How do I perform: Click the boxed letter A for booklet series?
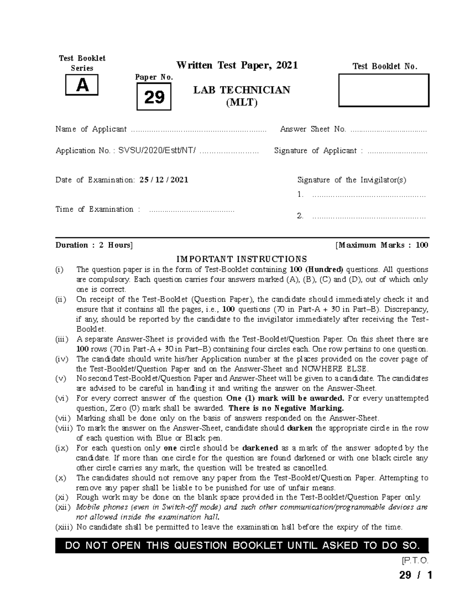(x=82, y=85)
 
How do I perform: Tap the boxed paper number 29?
(x=154, y=97)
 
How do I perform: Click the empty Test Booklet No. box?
(x=384, y=90)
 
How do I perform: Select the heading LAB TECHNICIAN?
(x=242, y=90)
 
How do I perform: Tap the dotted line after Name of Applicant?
(x=199, y=130)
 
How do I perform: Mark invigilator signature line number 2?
(x=368, y=216)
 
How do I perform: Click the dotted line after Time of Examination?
(x=192, y=210)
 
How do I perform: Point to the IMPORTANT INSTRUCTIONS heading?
(x=242, y=259)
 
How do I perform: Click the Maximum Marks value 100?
(x=422, y=245)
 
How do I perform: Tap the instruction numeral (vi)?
(x=62, y=399)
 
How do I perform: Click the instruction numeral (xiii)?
(x=64, y=527)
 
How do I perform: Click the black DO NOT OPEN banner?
(x=242, y=545)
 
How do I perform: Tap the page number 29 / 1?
(x=415, y=576)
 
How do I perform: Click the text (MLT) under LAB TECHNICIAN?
(x=242, y=103)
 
